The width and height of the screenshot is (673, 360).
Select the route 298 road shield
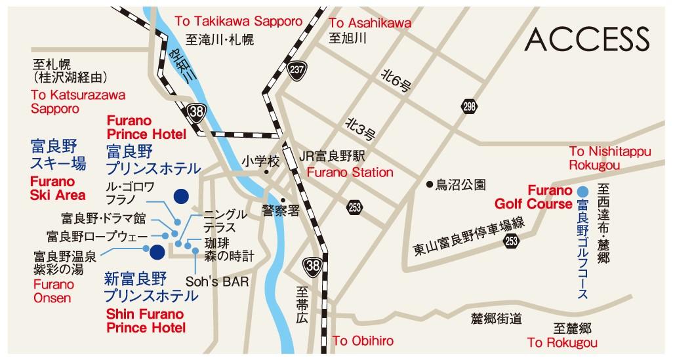(468, 106)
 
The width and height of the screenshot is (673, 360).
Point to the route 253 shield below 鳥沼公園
(511, 241)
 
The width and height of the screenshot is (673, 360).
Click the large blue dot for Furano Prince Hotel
(180, 195)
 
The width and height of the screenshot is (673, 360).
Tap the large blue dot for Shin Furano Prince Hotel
(157, 251)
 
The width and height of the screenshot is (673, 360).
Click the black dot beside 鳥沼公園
(429, 184)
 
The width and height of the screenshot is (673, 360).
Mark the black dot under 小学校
(266, 173)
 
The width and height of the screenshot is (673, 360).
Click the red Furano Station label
(350, 173)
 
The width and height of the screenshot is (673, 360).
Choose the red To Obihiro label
(363, 341)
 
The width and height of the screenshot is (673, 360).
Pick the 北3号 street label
(360, 129)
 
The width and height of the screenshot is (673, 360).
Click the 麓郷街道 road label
(497, 319)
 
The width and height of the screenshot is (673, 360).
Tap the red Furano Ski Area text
(58, 188)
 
